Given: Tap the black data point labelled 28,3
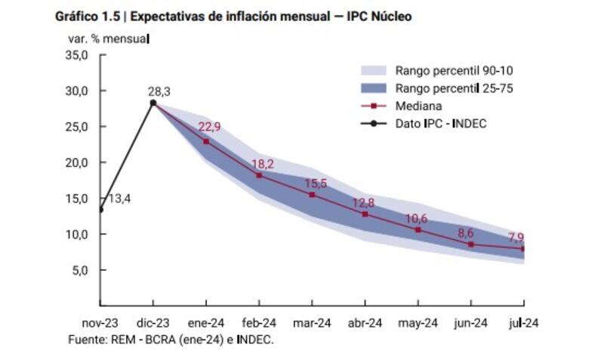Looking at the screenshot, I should point(153,103).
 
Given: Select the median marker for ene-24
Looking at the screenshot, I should point(206,141).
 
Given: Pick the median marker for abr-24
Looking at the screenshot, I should point(365,214).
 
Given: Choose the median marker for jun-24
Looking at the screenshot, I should point(470,244).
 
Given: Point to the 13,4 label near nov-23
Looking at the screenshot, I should point(120,199).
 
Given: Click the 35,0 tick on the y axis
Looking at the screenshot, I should point(78,55).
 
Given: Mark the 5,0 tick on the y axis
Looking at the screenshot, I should point(80,269).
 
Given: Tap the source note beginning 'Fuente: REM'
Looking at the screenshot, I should point(171,340).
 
